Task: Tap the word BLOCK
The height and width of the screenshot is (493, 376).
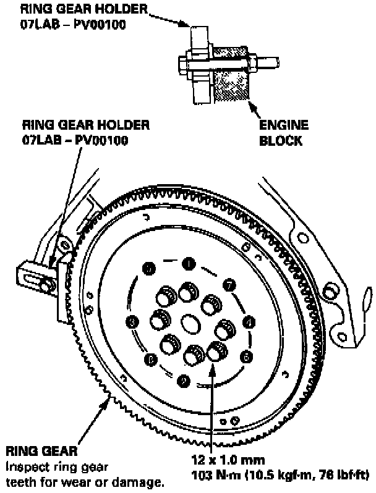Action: point(280,140)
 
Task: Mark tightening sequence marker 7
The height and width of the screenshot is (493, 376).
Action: point(229,284)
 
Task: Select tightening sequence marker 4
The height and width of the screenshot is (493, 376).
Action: point(250,321)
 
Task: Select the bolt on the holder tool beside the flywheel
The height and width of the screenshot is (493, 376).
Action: point(46,284)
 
